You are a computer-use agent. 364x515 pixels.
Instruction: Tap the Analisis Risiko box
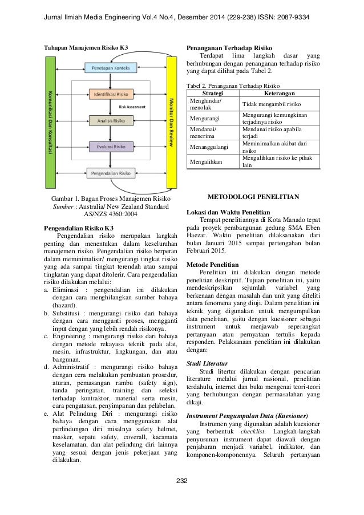pos(111,120)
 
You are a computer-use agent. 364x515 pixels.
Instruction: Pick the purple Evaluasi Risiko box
pos(111,146)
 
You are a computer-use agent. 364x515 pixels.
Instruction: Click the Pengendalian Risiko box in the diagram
pos(111,171)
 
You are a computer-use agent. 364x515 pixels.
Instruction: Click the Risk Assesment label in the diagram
pos(132,107)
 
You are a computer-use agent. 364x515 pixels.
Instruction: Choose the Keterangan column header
pos(279,92)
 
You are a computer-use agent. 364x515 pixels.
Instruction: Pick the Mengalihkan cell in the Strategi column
pos(205,161)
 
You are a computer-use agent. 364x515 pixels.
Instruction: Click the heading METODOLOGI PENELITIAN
pos(253,197)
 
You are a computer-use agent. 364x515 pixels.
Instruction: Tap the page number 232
pos(182,492)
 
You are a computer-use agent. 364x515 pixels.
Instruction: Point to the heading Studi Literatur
pos(208,363)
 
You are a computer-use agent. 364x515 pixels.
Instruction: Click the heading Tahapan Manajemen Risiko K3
pos(86,46)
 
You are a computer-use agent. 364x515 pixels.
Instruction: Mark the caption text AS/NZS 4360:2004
pos(111,214)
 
